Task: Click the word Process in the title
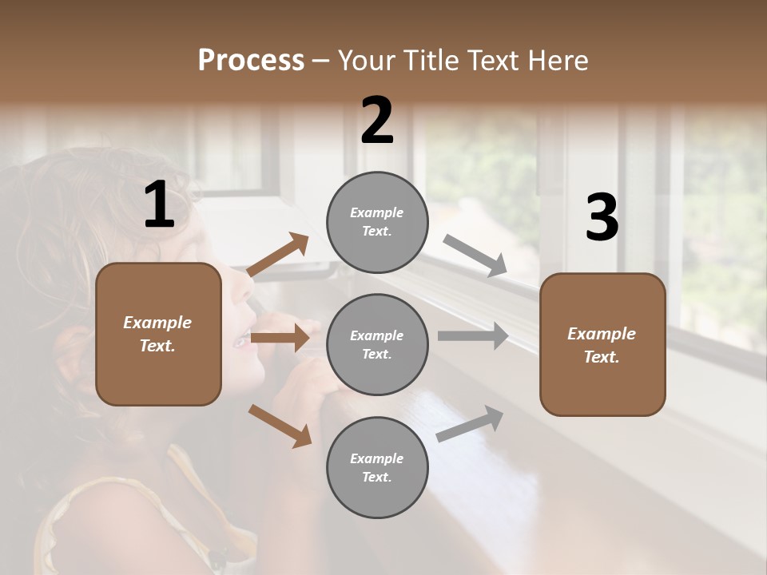[251, 60]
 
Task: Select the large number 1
[159, 205]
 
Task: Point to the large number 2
[377, 121]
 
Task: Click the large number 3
[602, 218]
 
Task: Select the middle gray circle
[377, 344]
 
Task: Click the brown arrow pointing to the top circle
[278, 255]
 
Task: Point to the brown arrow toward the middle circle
[280, 339]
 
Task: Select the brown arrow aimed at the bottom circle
[280, 426]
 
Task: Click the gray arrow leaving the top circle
[475, 256]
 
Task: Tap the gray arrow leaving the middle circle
[473, 335]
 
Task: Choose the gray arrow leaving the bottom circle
[471, 423]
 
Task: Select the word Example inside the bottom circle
[376, 458]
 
